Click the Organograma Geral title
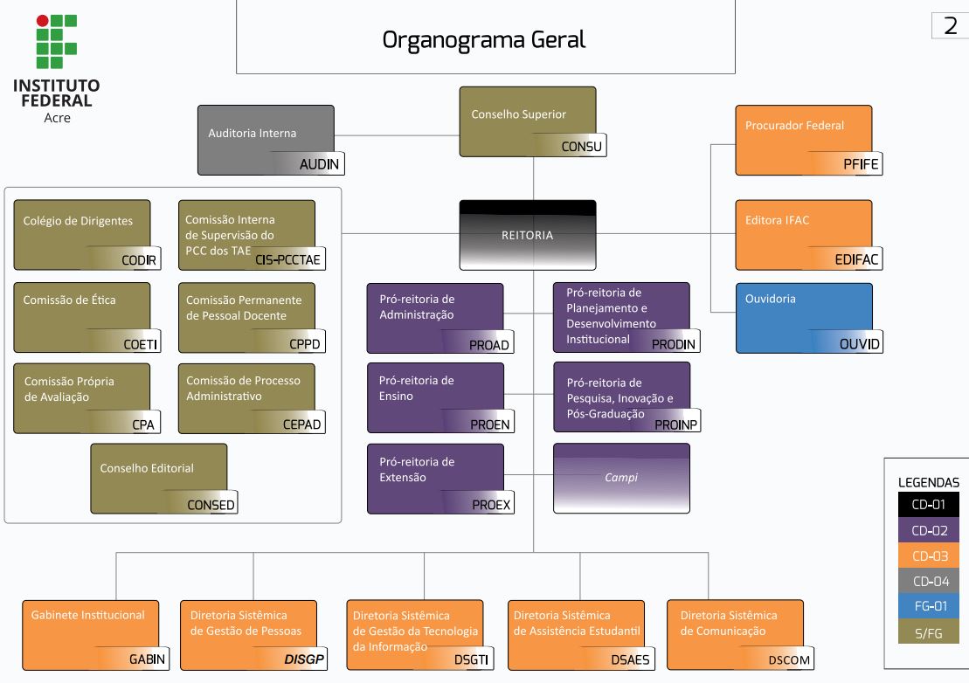[484, 40]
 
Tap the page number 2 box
[950, 26]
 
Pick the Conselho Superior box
[527, 121]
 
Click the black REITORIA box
[527, 235]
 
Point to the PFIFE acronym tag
[862, 164]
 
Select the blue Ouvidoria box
[803, 316]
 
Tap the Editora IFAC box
[803, 234]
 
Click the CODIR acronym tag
[139, 259]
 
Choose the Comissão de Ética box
[82, 316]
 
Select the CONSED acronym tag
[211, 505]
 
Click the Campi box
[620, 478]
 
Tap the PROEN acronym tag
[489, 424]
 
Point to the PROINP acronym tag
[676, 424]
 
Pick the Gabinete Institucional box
[90, 633]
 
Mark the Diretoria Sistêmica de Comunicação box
[734, 633]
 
